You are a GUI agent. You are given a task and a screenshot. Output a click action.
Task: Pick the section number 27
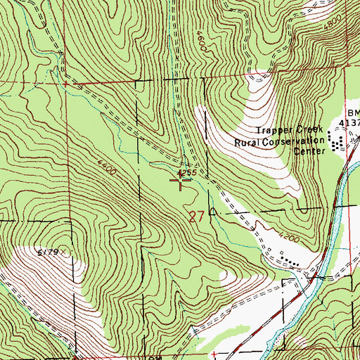click(x=198, y=217)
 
